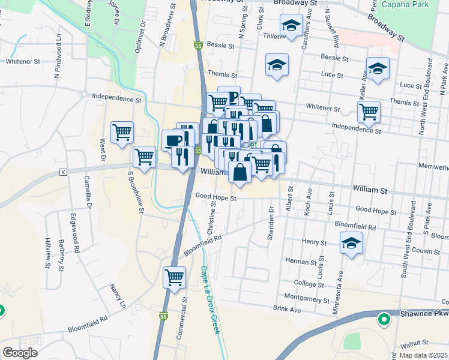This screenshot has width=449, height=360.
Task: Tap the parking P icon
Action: [229, 97]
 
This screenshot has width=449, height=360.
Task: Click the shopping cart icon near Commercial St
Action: [174, 277]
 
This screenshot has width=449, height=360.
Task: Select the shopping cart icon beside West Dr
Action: [122, 131]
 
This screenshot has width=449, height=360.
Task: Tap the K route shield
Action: [62, 172]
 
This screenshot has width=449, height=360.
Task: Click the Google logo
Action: [20, 353]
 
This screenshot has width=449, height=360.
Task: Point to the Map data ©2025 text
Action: [423, 355]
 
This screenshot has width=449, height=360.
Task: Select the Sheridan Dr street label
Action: [271, 223]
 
